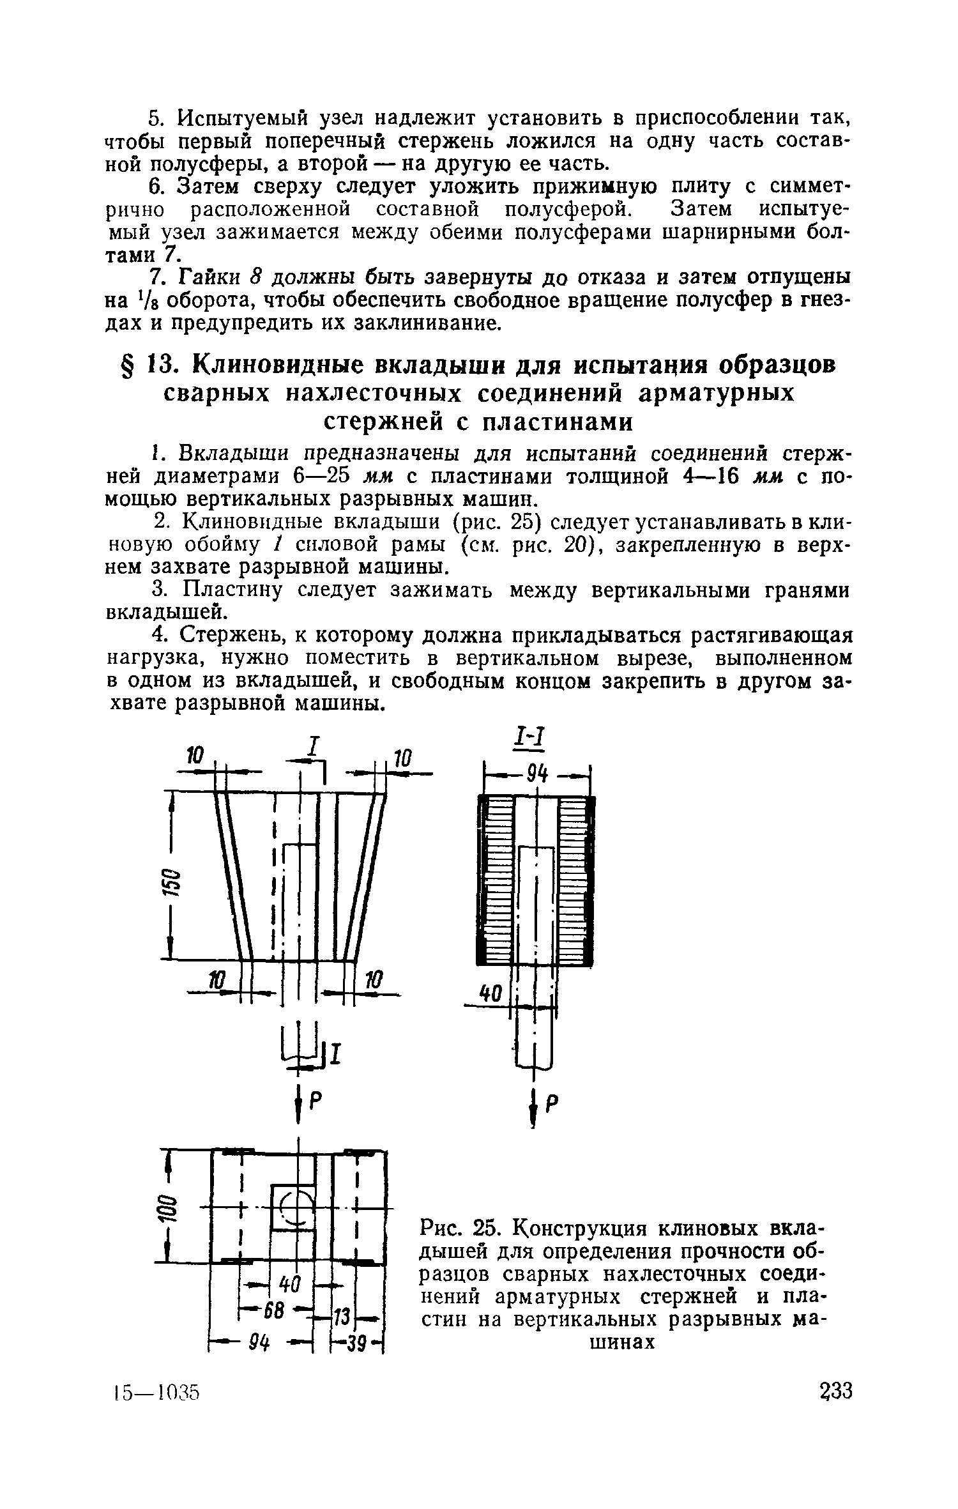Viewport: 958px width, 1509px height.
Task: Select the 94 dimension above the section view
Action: point(538,775)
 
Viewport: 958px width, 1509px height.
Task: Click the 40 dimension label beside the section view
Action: point(489,993)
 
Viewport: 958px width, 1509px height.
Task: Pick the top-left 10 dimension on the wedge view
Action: point(194,756)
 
